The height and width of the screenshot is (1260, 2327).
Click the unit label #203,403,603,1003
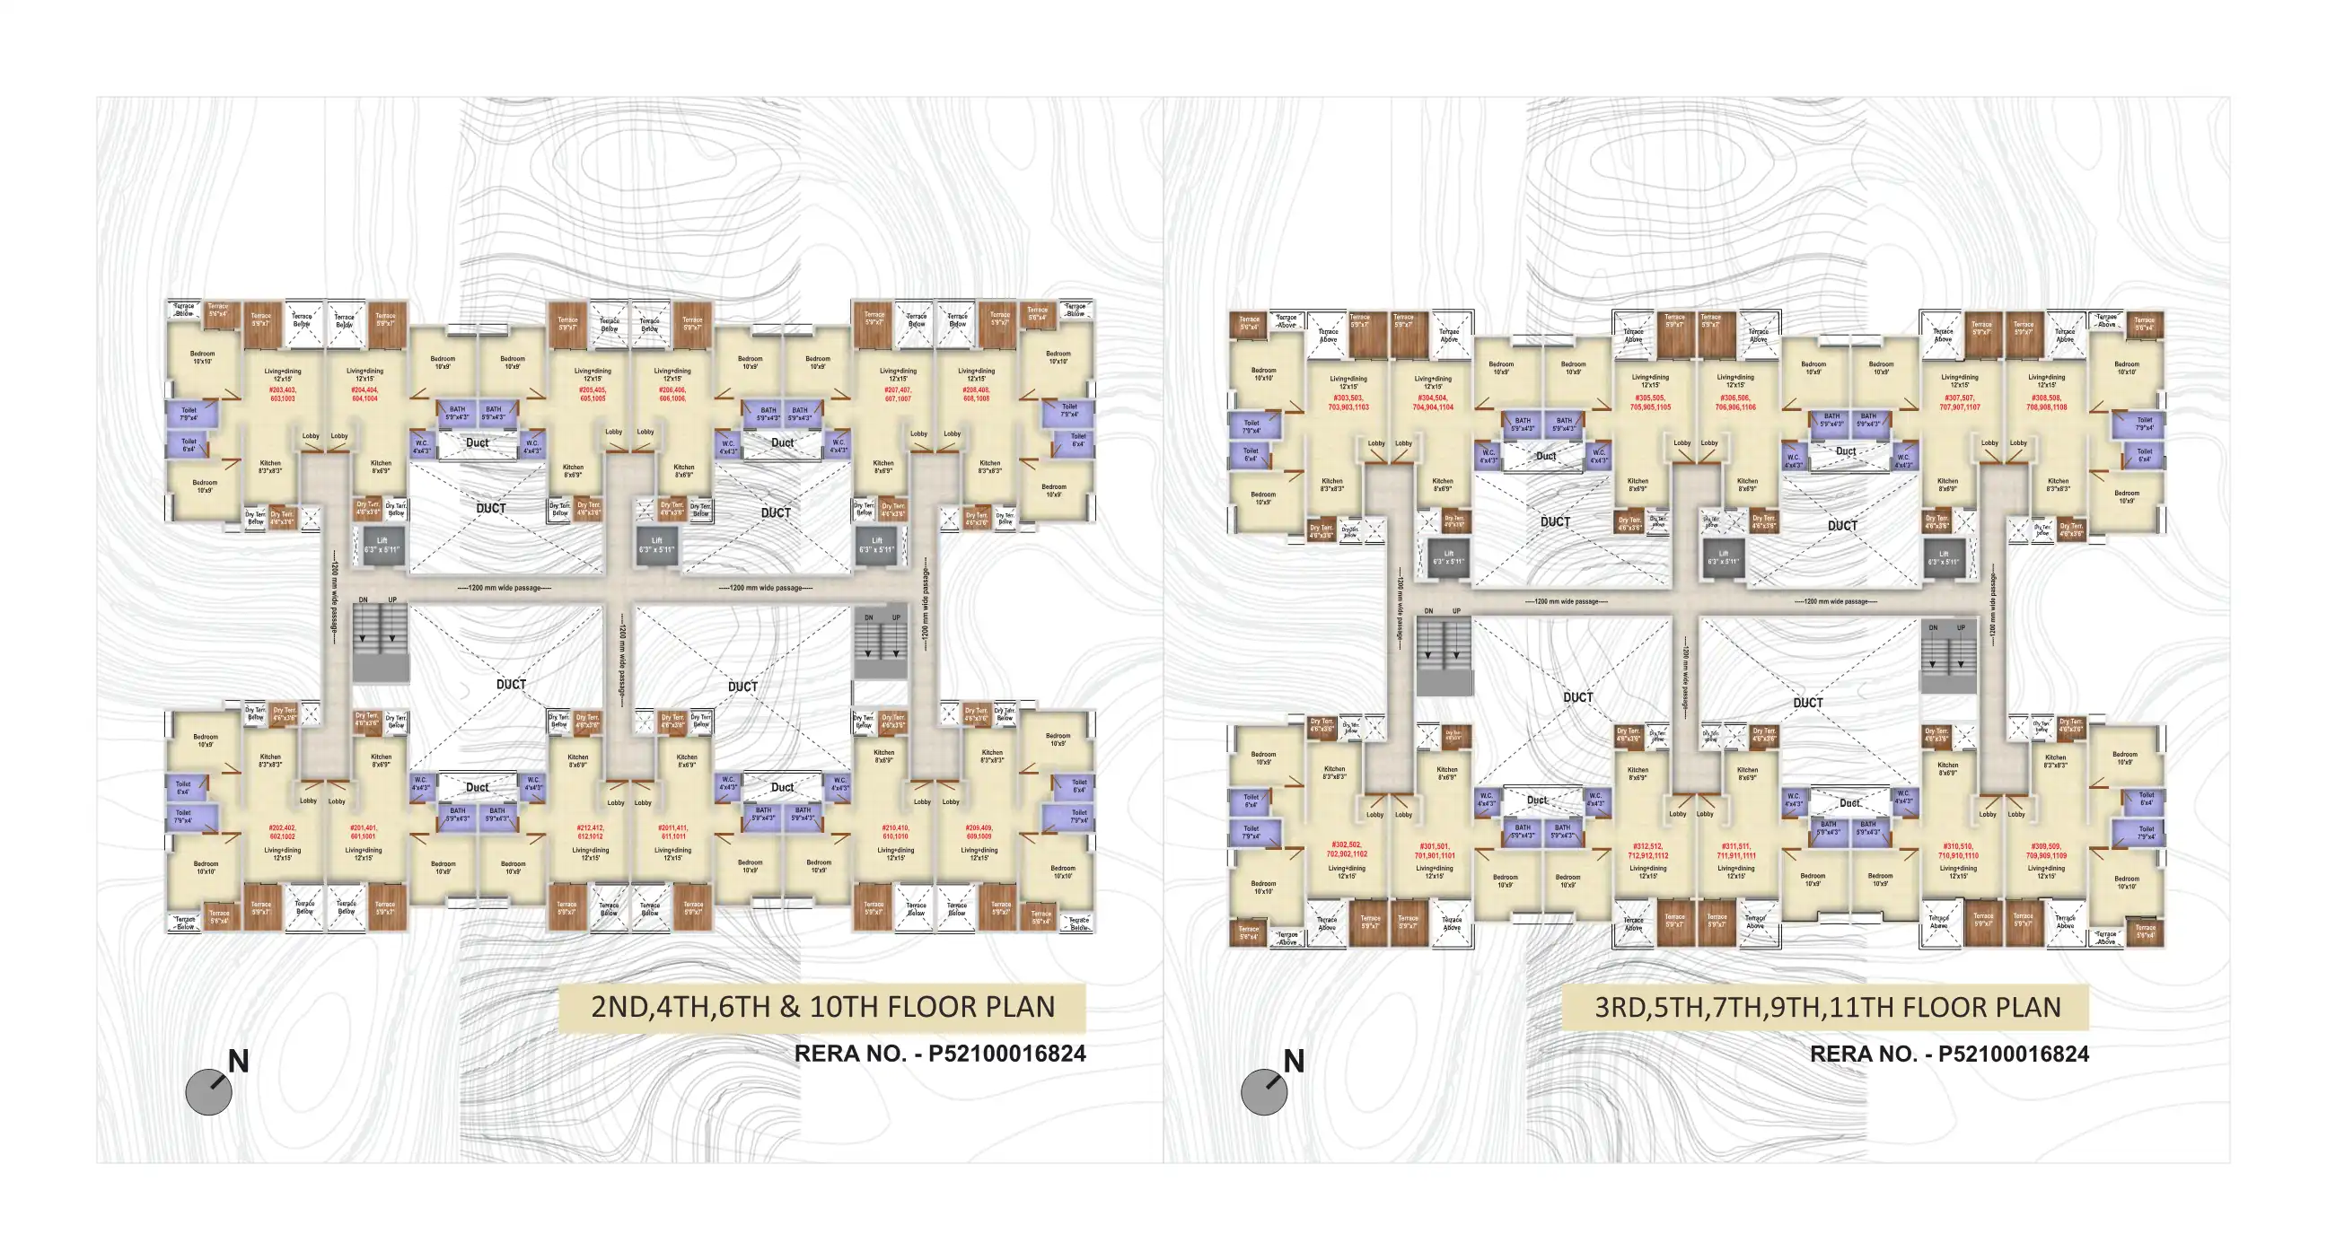[282, 394]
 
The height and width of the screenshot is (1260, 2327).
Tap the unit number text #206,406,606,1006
[672, 394]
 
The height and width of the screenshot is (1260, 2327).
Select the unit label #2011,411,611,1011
[672, 832]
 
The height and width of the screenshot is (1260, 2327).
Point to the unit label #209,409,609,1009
[979, 832]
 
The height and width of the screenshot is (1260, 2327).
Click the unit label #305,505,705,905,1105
[1649, 403]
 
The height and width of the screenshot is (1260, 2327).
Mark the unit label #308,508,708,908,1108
[2046, 403]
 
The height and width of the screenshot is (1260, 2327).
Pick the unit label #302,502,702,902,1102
[1347, 849]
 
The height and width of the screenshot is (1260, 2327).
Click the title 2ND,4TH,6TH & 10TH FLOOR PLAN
[822, 1007]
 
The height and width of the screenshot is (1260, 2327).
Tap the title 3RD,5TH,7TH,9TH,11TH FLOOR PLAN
[1827, 1007]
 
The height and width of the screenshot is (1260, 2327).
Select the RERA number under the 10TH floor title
[939, 1054]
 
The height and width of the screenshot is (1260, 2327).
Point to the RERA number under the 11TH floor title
[1948, 1054]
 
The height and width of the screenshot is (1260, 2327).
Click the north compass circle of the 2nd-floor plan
[208, 1092]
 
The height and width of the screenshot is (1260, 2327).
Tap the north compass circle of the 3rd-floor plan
[1264, 1092]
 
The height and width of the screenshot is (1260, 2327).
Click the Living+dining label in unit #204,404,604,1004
[365, 375]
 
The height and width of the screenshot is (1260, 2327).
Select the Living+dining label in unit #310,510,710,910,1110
[1958, 871]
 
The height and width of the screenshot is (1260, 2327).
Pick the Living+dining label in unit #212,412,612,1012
[590, 853]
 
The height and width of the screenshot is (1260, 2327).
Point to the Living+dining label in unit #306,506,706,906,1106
[1735, 381]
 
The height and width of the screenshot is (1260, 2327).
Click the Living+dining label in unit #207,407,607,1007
[898, 375]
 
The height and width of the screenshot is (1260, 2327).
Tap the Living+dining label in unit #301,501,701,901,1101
[1435, 871]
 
